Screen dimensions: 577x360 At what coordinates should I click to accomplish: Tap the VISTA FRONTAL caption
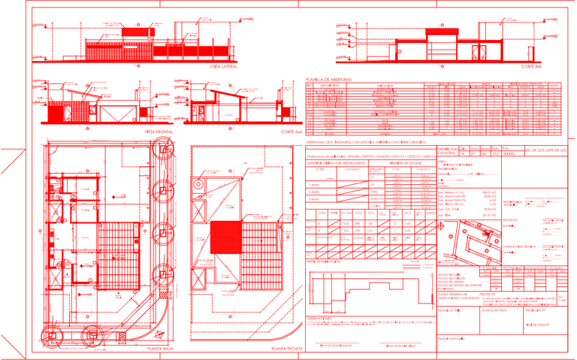point(156,131)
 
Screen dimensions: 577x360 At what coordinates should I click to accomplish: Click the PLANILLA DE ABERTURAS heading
point(330,79)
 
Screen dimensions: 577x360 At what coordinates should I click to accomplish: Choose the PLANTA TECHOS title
point(288,349)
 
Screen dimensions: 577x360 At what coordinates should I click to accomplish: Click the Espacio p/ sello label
point(452,309)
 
